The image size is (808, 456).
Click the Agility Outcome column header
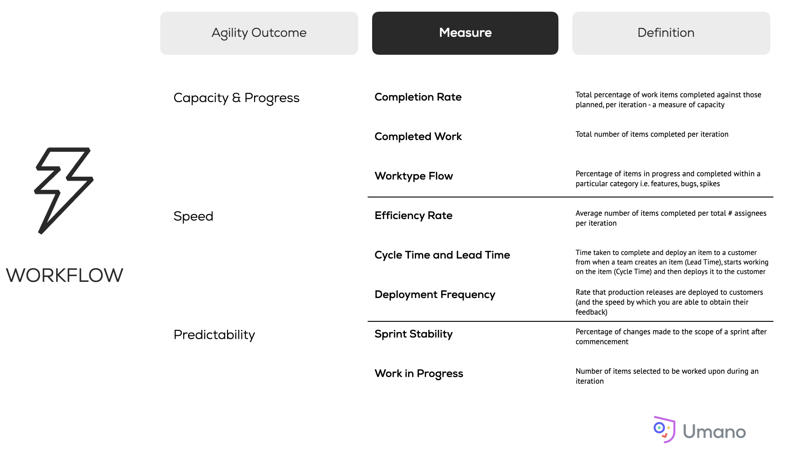[259, 33]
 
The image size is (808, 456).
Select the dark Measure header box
[465, 33]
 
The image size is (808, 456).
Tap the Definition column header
[671, 33]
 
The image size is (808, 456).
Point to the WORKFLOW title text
[65, 275]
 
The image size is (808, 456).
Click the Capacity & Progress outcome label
[237, 98]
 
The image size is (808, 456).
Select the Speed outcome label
[193, 216]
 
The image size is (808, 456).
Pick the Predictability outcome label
[214, 335]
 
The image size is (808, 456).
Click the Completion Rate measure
[418, 97]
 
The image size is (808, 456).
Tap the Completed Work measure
[418, 136]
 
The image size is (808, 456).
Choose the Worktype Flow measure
[414, 176]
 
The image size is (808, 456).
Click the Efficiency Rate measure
[413, 215]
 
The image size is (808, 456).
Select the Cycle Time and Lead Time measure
[442, 255]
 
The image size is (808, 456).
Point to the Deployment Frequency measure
[435, 294]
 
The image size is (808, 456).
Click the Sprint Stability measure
[413, 334]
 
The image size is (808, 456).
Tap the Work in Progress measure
[419, 373]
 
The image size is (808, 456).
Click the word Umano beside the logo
[714, 432]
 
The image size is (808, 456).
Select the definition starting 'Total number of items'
[652, 134]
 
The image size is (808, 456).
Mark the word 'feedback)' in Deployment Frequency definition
[591, 312]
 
